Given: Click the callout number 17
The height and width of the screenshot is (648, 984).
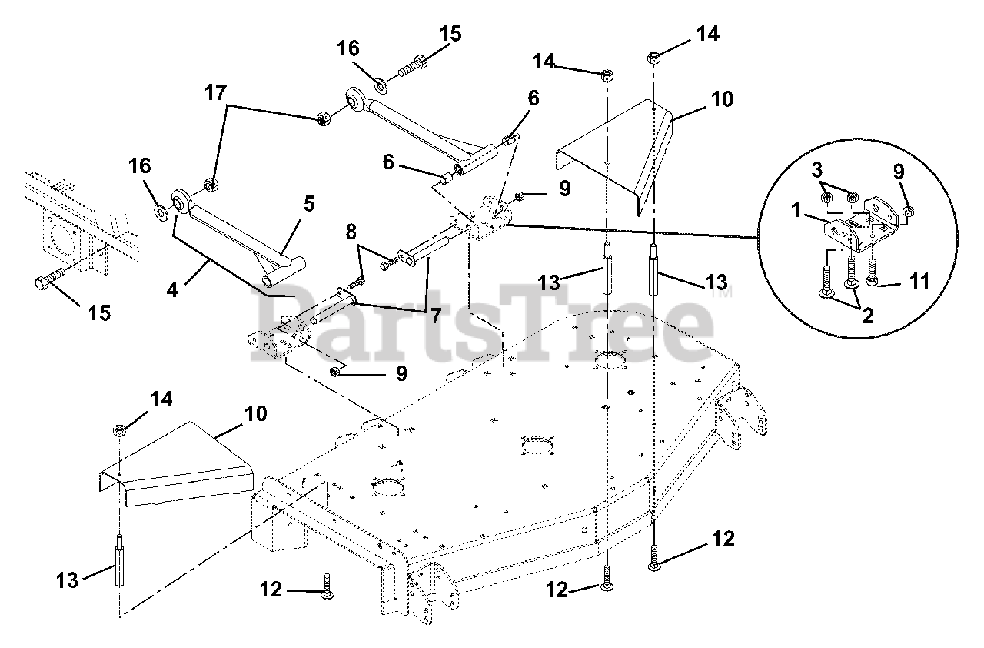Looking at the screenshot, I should point(216,94).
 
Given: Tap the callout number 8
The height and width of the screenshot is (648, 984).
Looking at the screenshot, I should point(351,231).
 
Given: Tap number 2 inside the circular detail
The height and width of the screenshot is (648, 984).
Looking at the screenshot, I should point(868,315).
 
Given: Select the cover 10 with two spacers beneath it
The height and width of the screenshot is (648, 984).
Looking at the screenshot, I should point(615,146).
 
